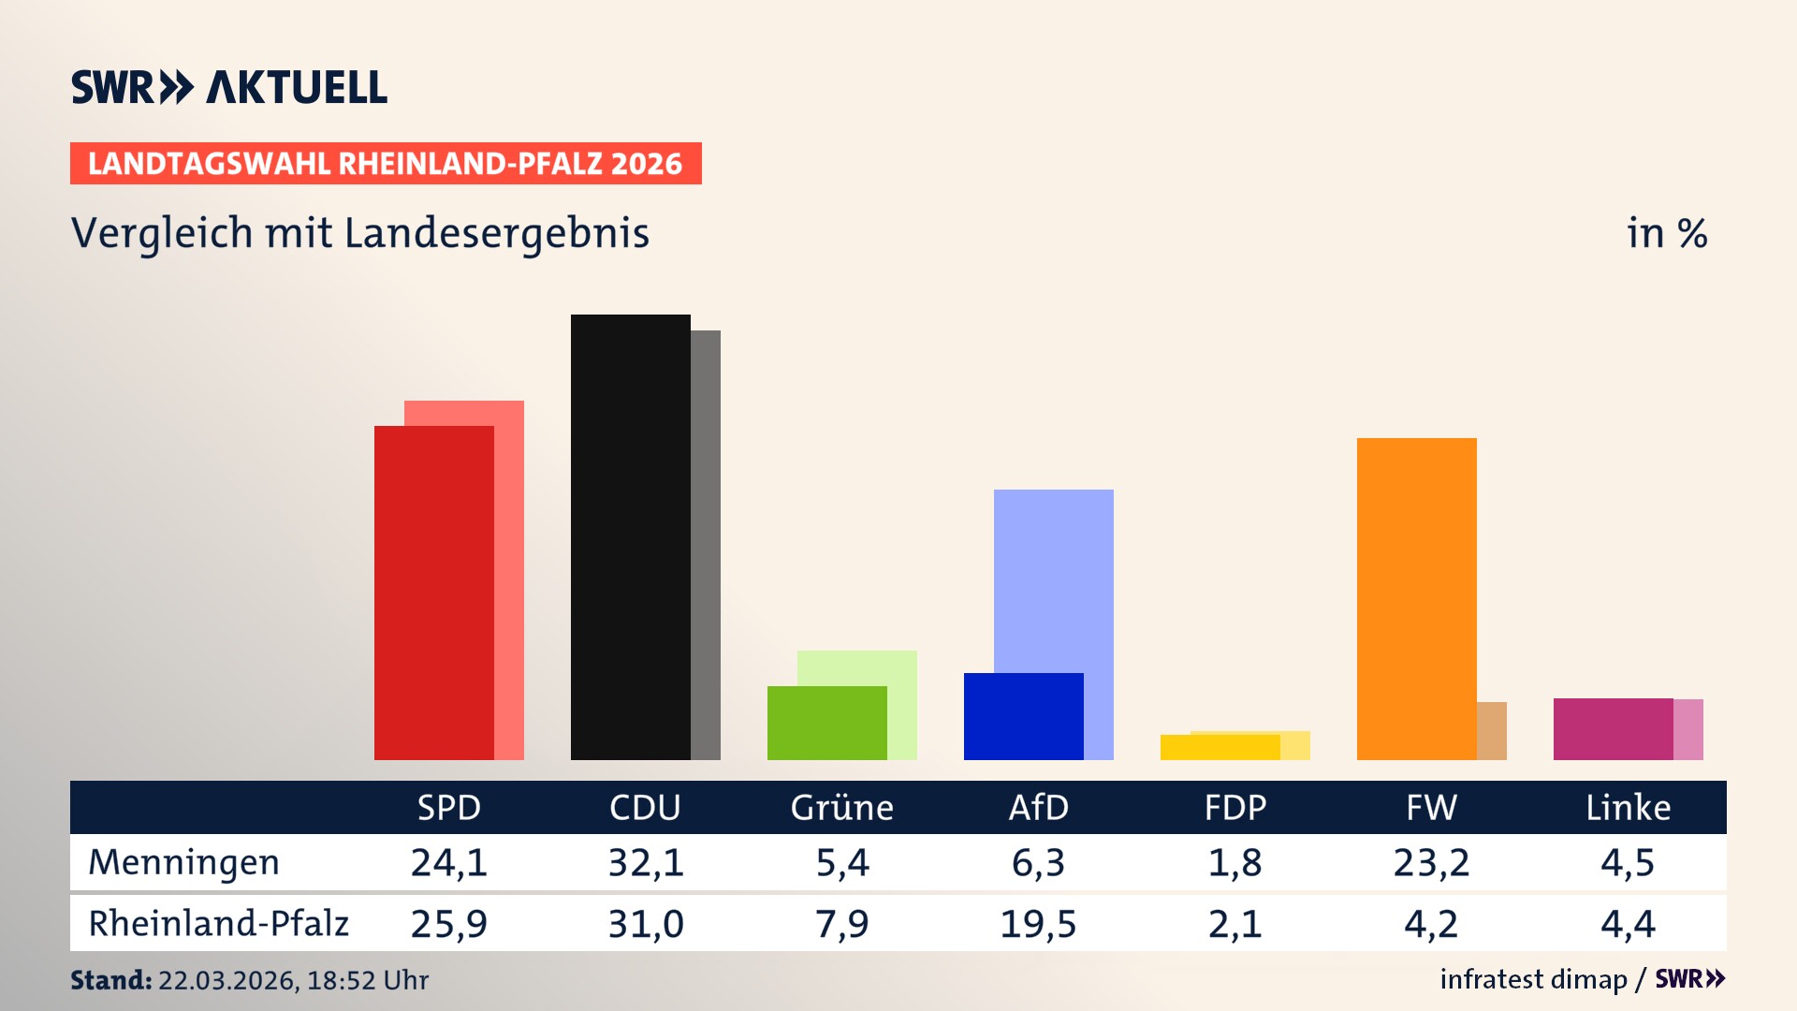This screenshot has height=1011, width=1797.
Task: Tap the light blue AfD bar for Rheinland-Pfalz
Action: point(1054,580)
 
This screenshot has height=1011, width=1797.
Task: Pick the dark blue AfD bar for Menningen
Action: point(1023,716)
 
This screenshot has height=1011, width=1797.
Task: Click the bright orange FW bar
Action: point(1416,599)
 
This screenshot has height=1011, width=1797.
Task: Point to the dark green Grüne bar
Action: point(826,723)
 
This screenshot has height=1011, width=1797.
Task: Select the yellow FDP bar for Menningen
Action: point(1220,747)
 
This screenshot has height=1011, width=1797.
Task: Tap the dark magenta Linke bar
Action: point(1613,728)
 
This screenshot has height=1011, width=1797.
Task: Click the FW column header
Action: point(1431,807)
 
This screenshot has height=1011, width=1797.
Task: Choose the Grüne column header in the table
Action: point(841,807)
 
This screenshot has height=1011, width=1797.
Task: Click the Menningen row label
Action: point(183,862)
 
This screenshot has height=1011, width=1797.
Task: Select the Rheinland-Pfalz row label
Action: point(218,923)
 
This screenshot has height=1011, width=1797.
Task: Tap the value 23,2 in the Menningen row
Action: point(1431,862)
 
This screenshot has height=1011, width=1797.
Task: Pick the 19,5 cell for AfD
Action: point(1038,924)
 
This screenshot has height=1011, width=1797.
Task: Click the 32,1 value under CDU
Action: point(646,862)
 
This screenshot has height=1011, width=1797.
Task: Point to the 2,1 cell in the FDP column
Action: point(1235,924)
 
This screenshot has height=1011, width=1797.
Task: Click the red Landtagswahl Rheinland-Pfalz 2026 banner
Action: point(386,163)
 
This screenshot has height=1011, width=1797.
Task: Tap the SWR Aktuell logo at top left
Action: point(228,87)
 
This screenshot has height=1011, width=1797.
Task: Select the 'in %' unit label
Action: point(1666,233)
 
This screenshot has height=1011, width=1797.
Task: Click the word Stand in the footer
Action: point(110,980)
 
